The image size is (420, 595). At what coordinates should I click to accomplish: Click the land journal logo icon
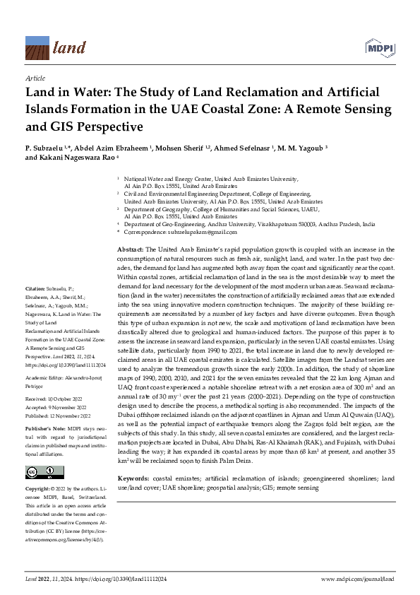[37, 48]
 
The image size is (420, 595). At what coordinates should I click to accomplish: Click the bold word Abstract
[129, 250]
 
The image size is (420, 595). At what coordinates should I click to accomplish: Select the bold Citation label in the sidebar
[36, 289]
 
